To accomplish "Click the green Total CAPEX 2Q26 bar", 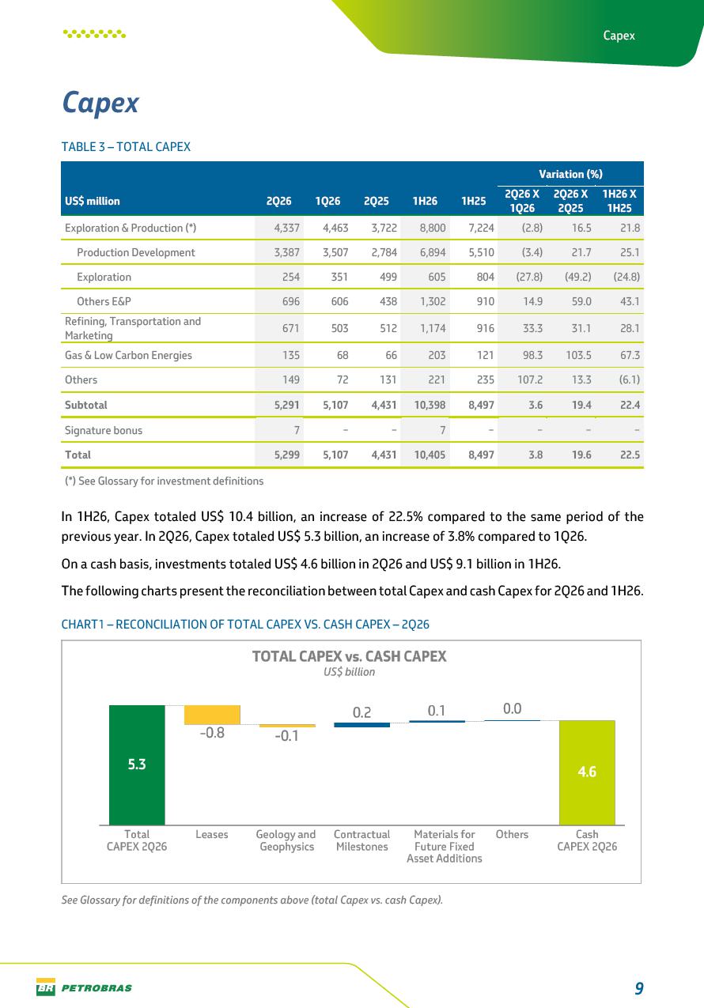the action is click(x=137, y=764).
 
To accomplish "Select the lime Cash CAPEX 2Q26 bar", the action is click(x=587, y=772).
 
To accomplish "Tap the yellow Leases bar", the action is click(x=212, y=715).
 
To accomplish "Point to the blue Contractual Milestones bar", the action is click(x=362, y=724).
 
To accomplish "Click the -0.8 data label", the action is click(x=212, y=733).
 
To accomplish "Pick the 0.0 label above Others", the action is click(x=513, y=708).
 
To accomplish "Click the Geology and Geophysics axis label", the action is click(x=286, y=840).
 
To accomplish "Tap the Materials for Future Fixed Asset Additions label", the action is click(x=445, y=846).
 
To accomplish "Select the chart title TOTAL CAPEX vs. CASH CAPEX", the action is click(x=350, y=656).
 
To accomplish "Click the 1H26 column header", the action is click(x=425, y=201).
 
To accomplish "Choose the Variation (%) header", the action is click(x=570, y=174).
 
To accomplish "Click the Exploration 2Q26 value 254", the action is click(x=291, y=277).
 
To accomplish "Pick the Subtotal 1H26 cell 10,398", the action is click(x=430, y=405).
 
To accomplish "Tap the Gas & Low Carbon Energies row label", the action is click(x=128, y=355).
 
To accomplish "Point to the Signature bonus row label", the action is click(x=104, y=430).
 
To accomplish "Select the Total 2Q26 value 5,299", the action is click(x=286, y=455).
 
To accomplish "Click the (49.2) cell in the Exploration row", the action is click(x=578, y=277).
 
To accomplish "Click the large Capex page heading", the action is click(x=100, y=103).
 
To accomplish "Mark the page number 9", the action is click(x=639, y=988).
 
